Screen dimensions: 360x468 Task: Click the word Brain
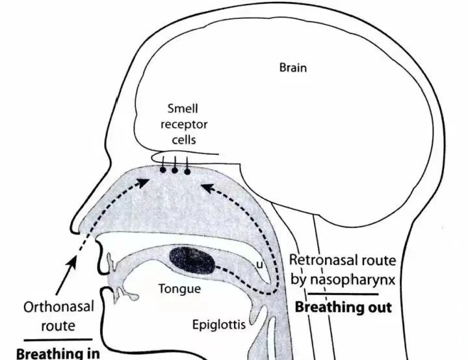point(292,68)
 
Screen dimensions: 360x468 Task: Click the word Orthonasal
point(51,307)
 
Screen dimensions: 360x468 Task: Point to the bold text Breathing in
point(57,354)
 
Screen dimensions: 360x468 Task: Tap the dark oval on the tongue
point(192,261)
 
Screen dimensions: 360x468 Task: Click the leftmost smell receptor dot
point(162,171)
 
